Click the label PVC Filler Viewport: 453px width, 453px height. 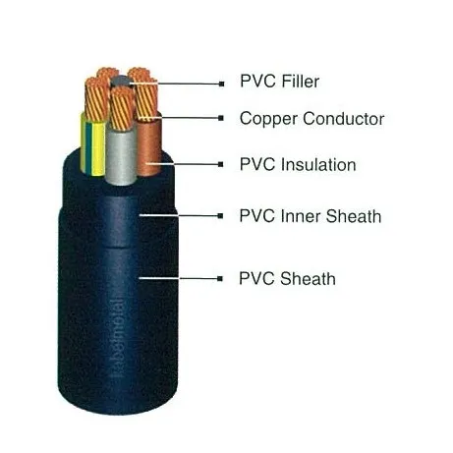tap(279, 82)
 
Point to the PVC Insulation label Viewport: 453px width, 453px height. tap(298, 164)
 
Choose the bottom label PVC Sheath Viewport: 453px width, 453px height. tap(287, 279)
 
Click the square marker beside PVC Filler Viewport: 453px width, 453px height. tap(222, 85)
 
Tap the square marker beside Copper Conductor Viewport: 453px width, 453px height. tap(221, 118)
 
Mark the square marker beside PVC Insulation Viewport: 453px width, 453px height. tap(221, 164)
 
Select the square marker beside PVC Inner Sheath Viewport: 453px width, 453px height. tap(220, 216)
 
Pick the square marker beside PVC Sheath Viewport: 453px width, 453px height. tap(220, 279)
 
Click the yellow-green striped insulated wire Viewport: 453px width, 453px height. tap(92, 145)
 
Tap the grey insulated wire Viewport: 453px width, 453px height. tap(121, 155)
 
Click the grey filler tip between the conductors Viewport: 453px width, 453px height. tap(120, 82)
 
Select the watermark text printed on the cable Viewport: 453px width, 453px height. tap(117, 338)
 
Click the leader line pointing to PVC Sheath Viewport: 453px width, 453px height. tap(179, 278)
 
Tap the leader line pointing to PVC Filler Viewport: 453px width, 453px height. tap(175, 84)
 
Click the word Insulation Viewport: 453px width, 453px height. tap(318, 164)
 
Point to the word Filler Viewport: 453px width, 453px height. tap(301, 82)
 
